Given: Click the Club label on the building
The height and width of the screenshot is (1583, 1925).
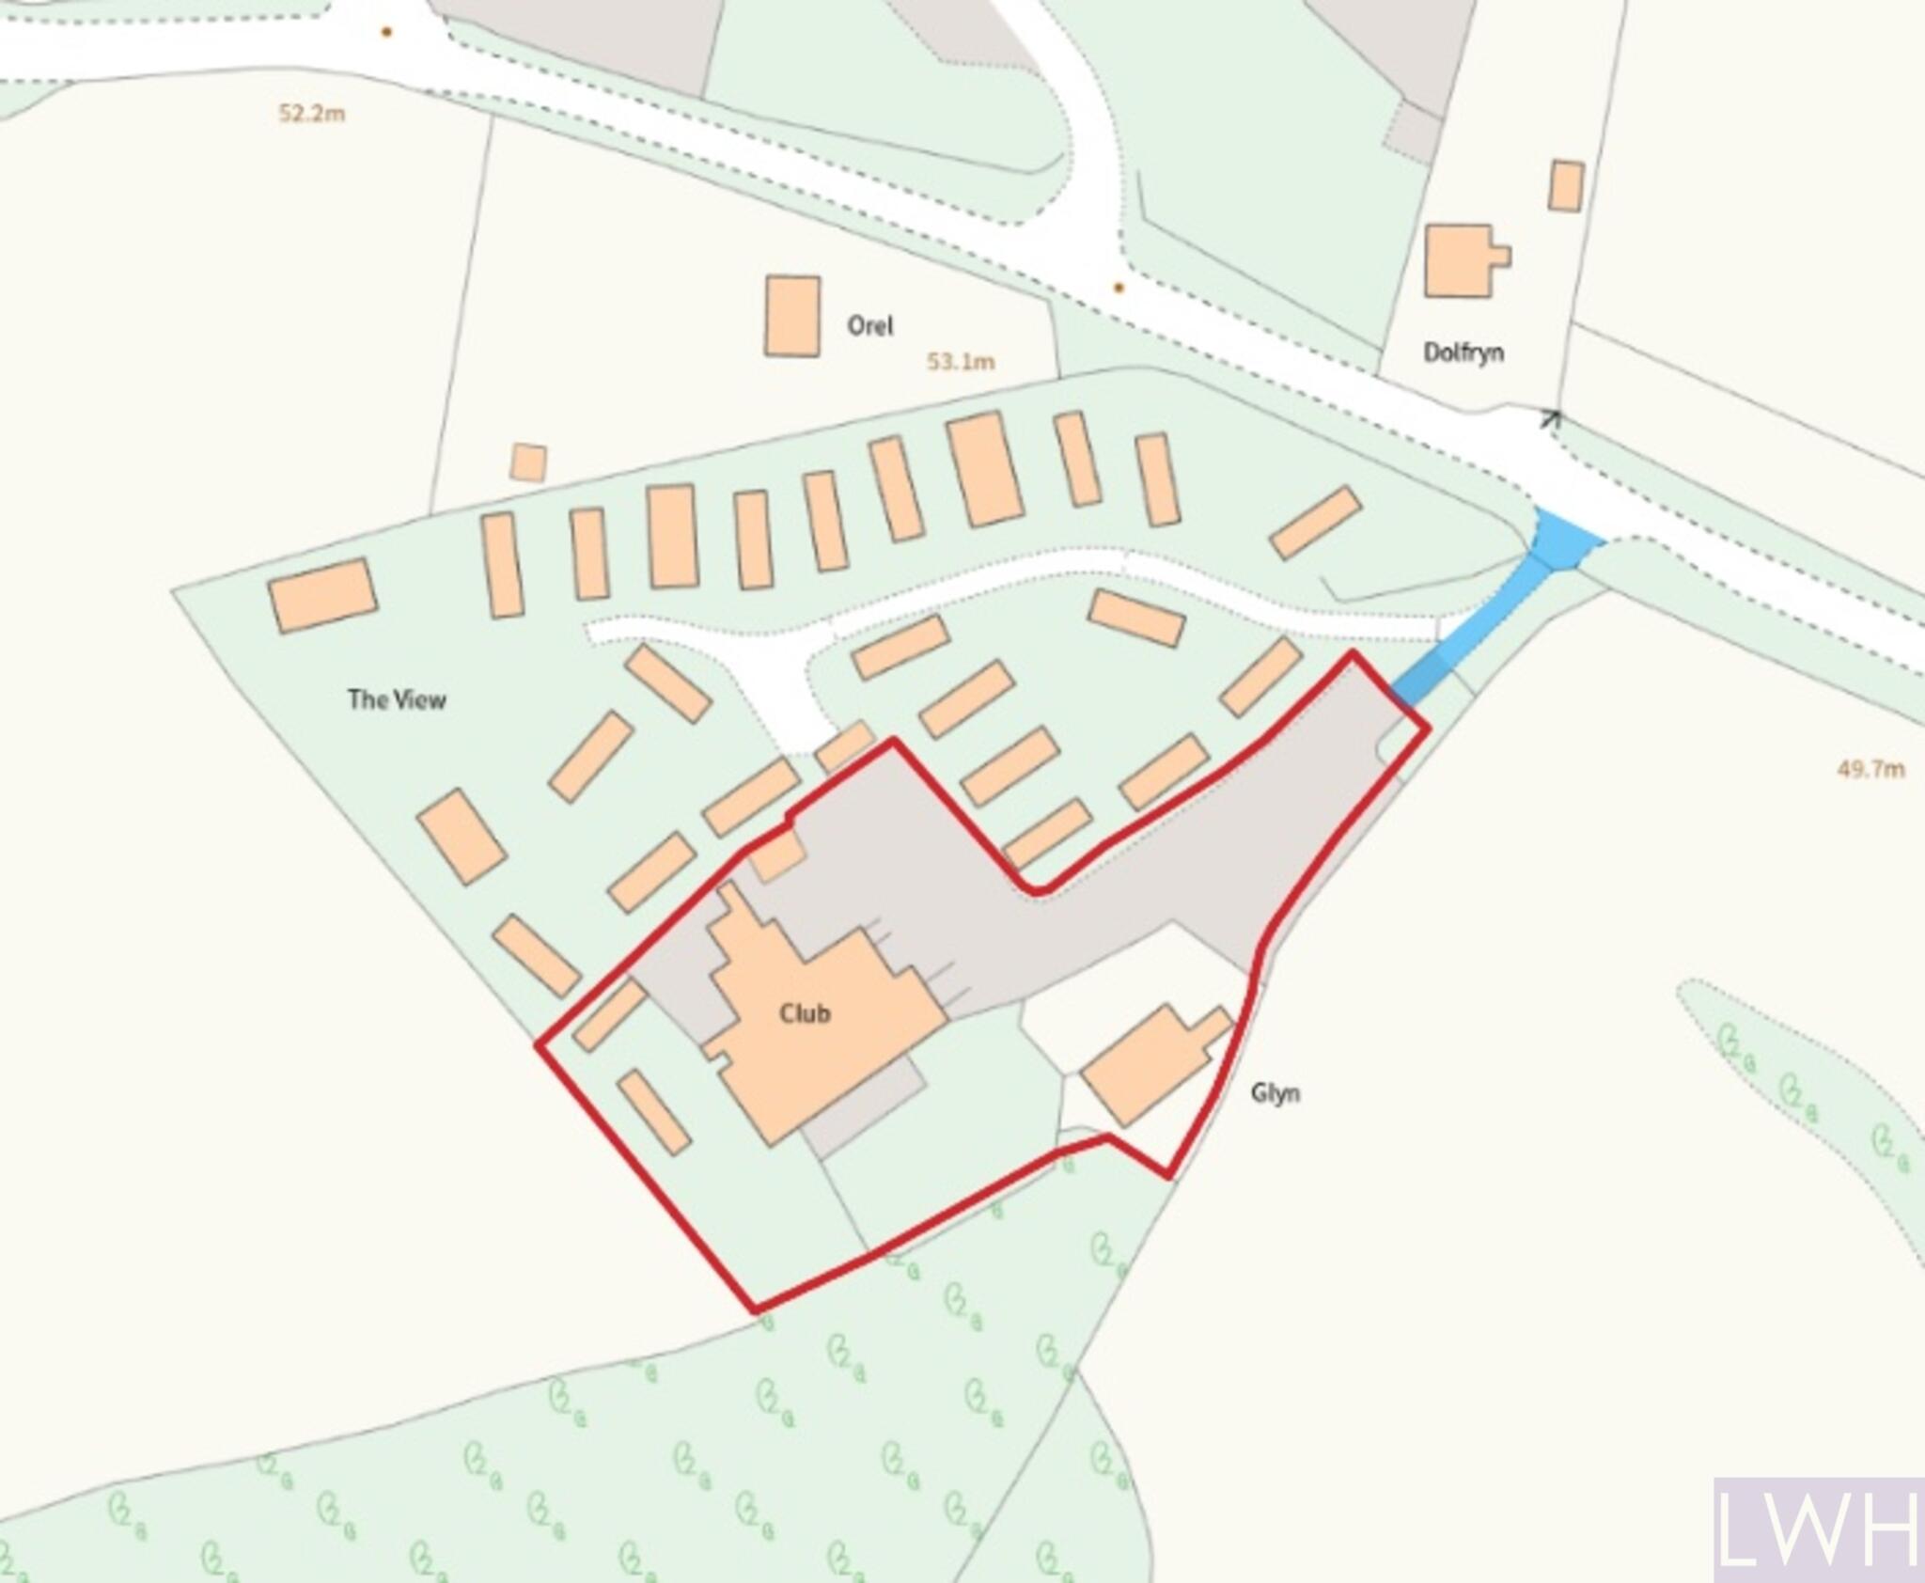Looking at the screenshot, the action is tap(805, 1013).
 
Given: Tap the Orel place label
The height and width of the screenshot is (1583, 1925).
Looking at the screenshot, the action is tap(869, 326).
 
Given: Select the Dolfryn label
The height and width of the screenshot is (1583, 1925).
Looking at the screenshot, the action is tap(1463, 353).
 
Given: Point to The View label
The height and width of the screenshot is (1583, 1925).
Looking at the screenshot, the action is tap(397, 699).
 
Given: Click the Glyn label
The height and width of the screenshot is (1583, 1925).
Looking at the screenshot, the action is tap(1275, 1092).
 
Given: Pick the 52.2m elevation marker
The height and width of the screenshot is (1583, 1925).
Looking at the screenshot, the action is tap(311, 114).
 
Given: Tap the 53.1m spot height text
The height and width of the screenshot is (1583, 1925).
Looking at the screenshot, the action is tap(960, 361).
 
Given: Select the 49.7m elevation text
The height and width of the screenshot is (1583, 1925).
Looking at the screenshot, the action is tap(1870, 769).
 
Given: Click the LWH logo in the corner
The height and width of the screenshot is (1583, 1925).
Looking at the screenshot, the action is tap(1818, 1529).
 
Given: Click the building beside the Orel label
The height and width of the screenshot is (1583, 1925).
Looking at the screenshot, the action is tap(792, 316).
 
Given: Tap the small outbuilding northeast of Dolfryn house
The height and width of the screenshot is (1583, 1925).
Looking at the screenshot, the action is tap(1566, 186).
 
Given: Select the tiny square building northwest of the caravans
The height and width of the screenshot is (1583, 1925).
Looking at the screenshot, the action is tap(528, 462).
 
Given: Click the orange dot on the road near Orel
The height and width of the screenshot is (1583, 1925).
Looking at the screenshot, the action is tap(1119, 288).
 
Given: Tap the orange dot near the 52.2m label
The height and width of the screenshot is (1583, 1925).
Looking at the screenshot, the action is tap(385, 32).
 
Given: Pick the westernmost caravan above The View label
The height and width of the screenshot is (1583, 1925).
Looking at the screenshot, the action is tap(322, 594).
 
